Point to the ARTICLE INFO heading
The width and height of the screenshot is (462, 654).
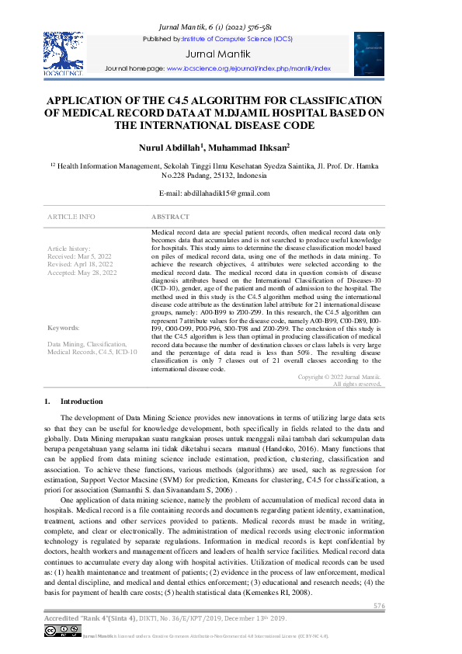click(x=71, y=217)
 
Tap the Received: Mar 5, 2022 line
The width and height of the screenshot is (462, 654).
click(x=80, y=256)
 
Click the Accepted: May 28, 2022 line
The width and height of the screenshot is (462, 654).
click(x=82, y=273)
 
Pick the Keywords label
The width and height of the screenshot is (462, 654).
click(x=64, y=328)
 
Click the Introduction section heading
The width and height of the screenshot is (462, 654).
click(x=82, y=402)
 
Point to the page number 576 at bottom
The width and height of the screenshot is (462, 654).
click(x=379, y=606)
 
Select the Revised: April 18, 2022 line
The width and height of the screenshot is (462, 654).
click(x=81, y=264)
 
